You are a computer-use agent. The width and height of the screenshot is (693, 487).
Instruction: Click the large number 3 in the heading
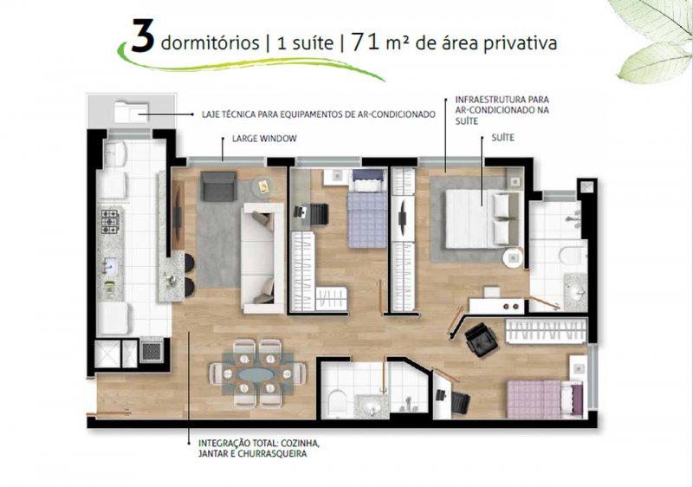pos(143,36)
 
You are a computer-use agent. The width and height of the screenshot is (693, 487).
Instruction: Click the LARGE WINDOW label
pos(264,139)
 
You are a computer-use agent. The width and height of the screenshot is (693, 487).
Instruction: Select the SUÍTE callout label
pos(503,138)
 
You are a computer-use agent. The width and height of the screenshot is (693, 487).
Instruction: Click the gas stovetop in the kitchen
pos(110,222)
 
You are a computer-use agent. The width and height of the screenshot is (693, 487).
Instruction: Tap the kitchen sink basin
pos(109,266)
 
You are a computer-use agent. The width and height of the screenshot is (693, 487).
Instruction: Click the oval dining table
pos(256,373)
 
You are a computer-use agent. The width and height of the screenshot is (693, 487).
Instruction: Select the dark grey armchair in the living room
pos(218,186)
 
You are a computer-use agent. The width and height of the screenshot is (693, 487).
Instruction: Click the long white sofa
pos(262,258)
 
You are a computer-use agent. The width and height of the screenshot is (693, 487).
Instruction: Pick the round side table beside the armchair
pos(263,186)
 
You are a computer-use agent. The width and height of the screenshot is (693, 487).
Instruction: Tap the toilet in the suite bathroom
pos(573,255)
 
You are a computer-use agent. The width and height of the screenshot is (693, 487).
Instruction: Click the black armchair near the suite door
pos(481,340)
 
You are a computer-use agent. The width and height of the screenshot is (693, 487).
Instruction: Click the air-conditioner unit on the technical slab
pos(131,112)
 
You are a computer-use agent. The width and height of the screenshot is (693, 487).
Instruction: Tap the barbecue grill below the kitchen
pos(152,350)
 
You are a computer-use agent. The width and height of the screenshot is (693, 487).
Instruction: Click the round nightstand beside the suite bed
pos(513,257)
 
